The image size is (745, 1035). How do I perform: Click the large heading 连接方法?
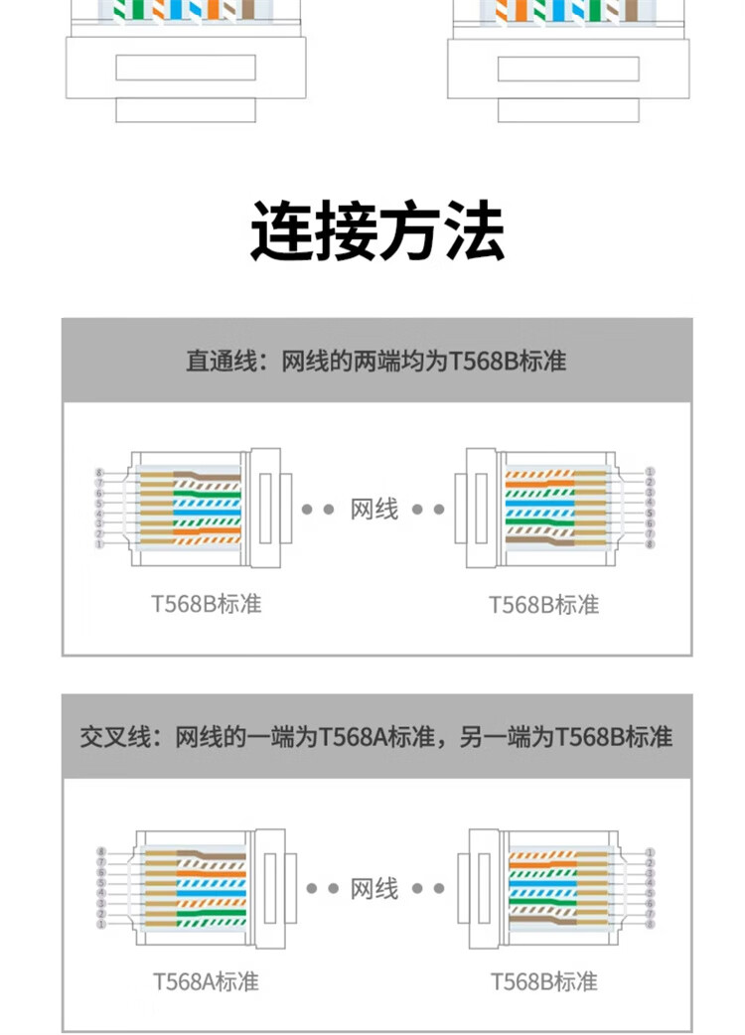click(376, 231)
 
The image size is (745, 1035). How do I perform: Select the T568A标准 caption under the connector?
click(206, 981)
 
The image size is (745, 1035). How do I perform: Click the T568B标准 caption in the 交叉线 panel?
click(544, 981)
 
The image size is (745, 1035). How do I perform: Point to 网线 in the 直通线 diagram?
click(374, 510)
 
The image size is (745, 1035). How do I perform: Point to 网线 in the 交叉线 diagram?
click(374, 888)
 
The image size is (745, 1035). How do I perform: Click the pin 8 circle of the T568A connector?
click(101, 852)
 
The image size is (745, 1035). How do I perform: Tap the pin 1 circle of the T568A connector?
click(101, 924)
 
